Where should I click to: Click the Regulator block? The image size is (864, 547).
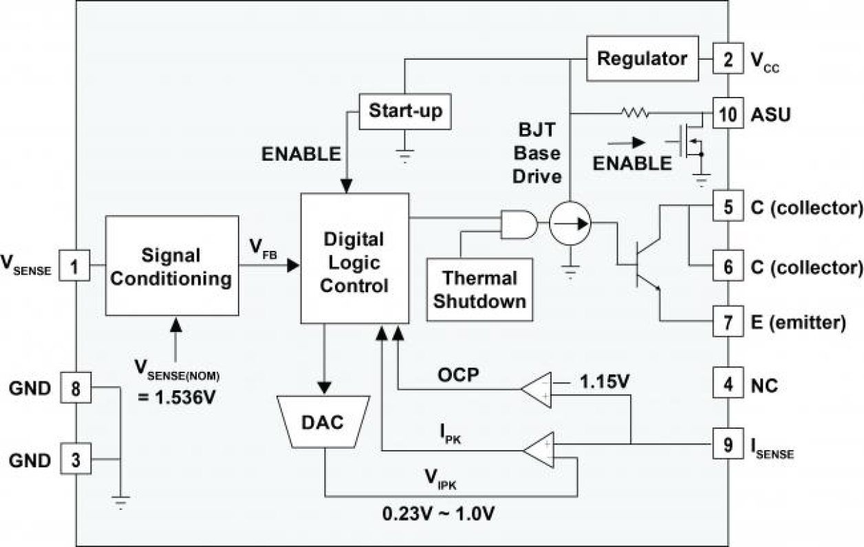click(642, 58)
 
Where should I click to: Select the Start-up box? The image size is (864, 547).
click(406, 111)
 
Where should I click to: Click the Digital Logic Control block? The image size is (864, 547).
click(355, 258)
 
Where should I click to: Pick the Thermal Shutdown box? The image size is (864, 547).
click(480, 289)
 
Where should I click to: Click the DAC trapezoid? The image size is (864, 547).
click(323, 423)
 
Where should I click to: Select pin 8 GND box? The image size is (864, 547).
click(76, 389)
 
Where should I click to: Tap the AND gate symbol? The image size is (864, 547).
click(516, 223)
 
